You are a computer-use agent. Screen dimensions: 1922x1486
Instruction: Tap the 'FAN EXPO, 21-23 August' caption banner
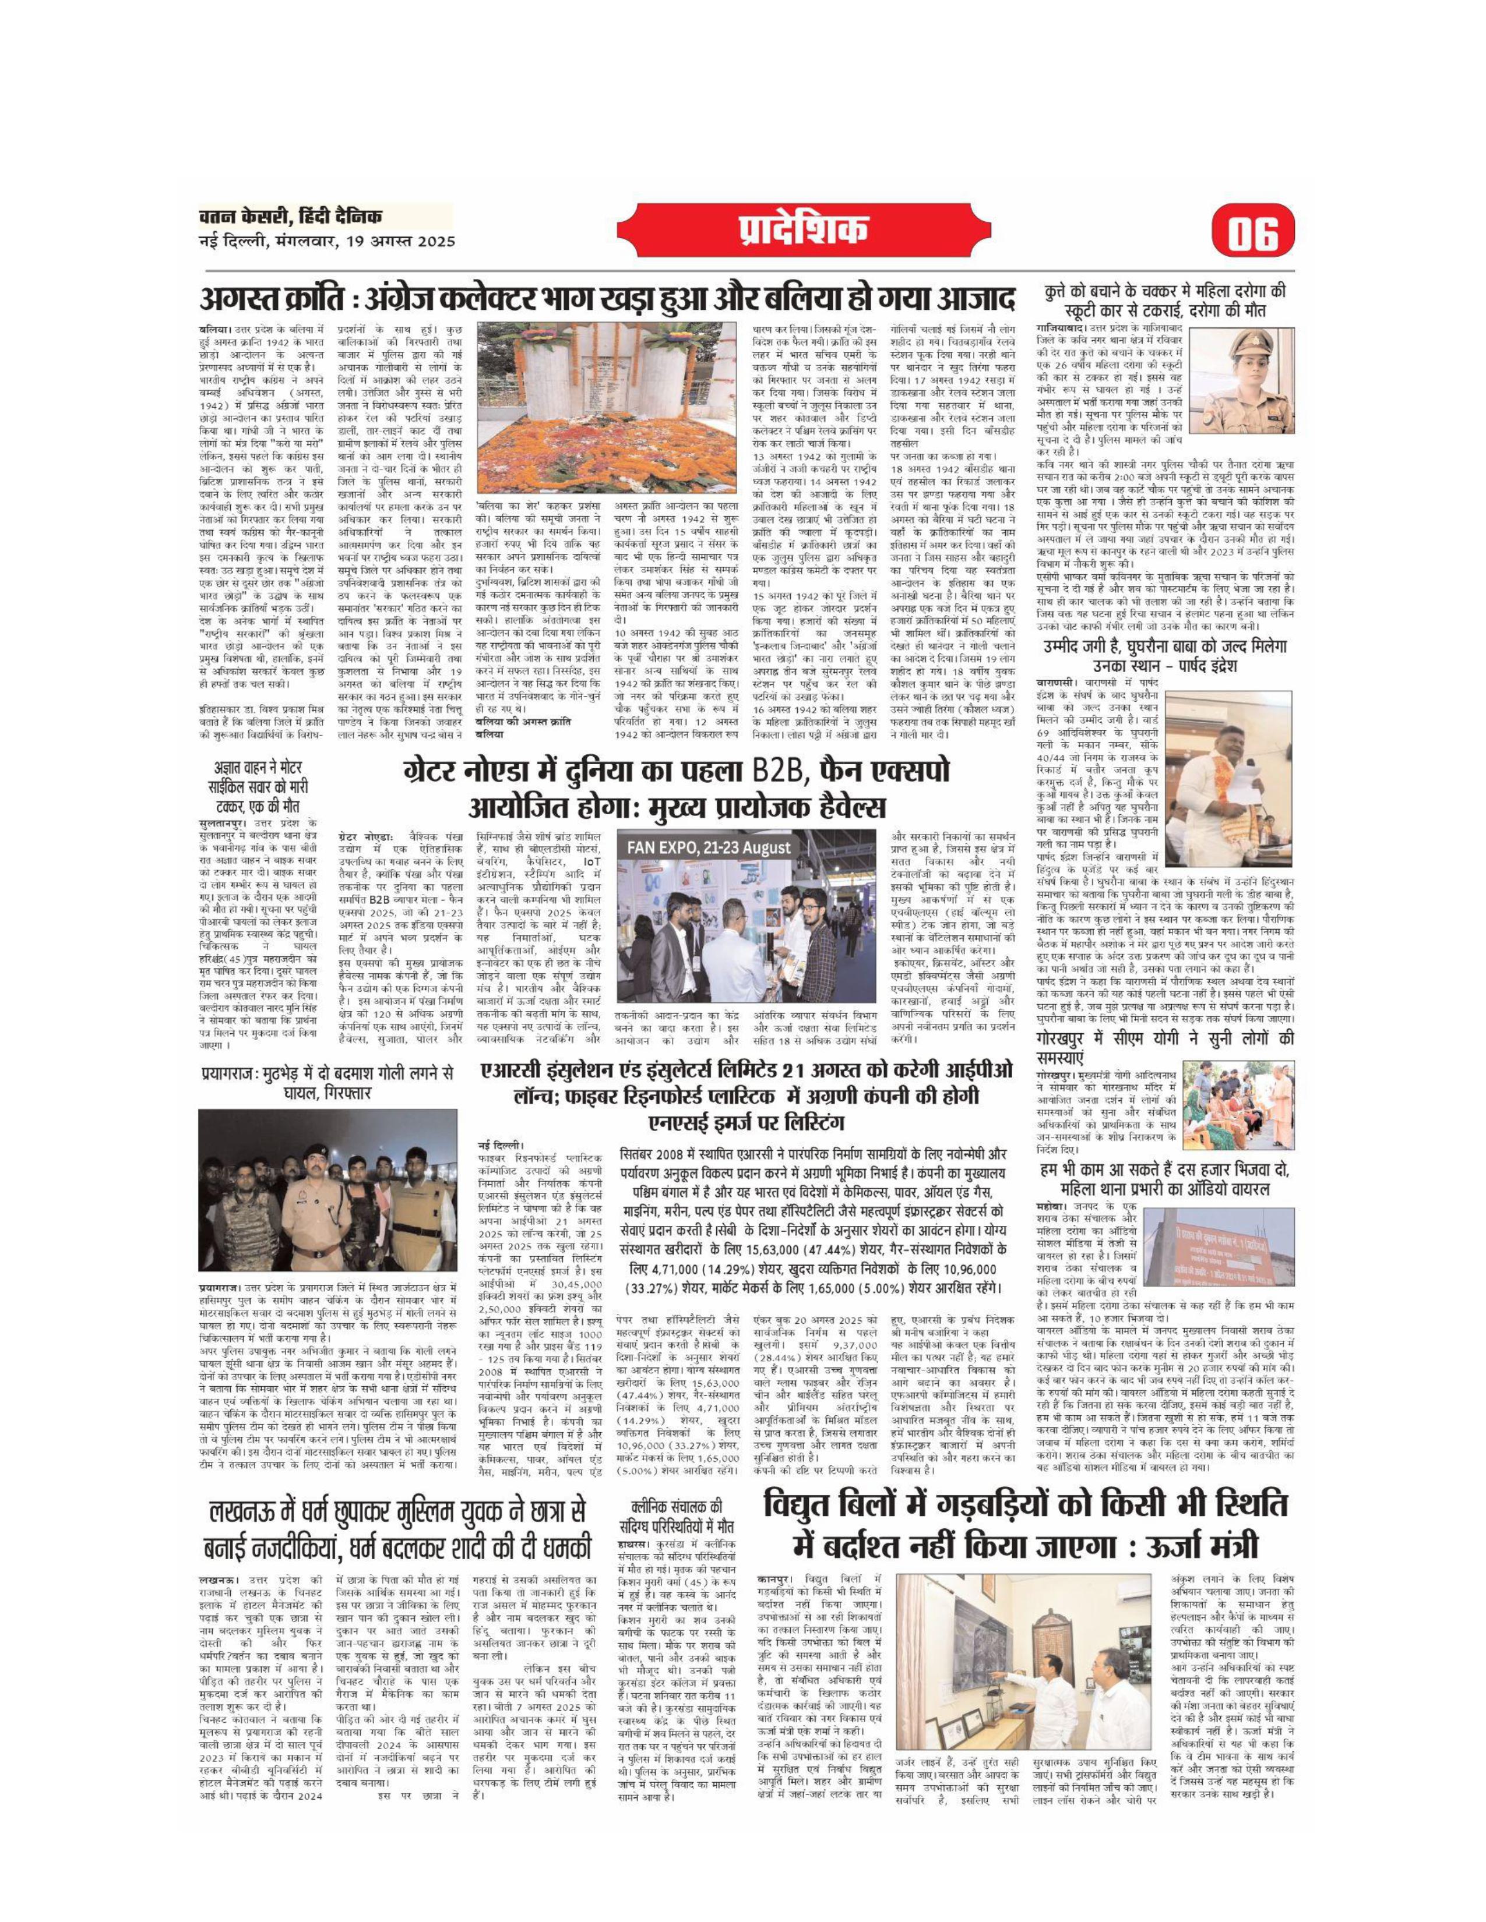coord(708,847)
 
